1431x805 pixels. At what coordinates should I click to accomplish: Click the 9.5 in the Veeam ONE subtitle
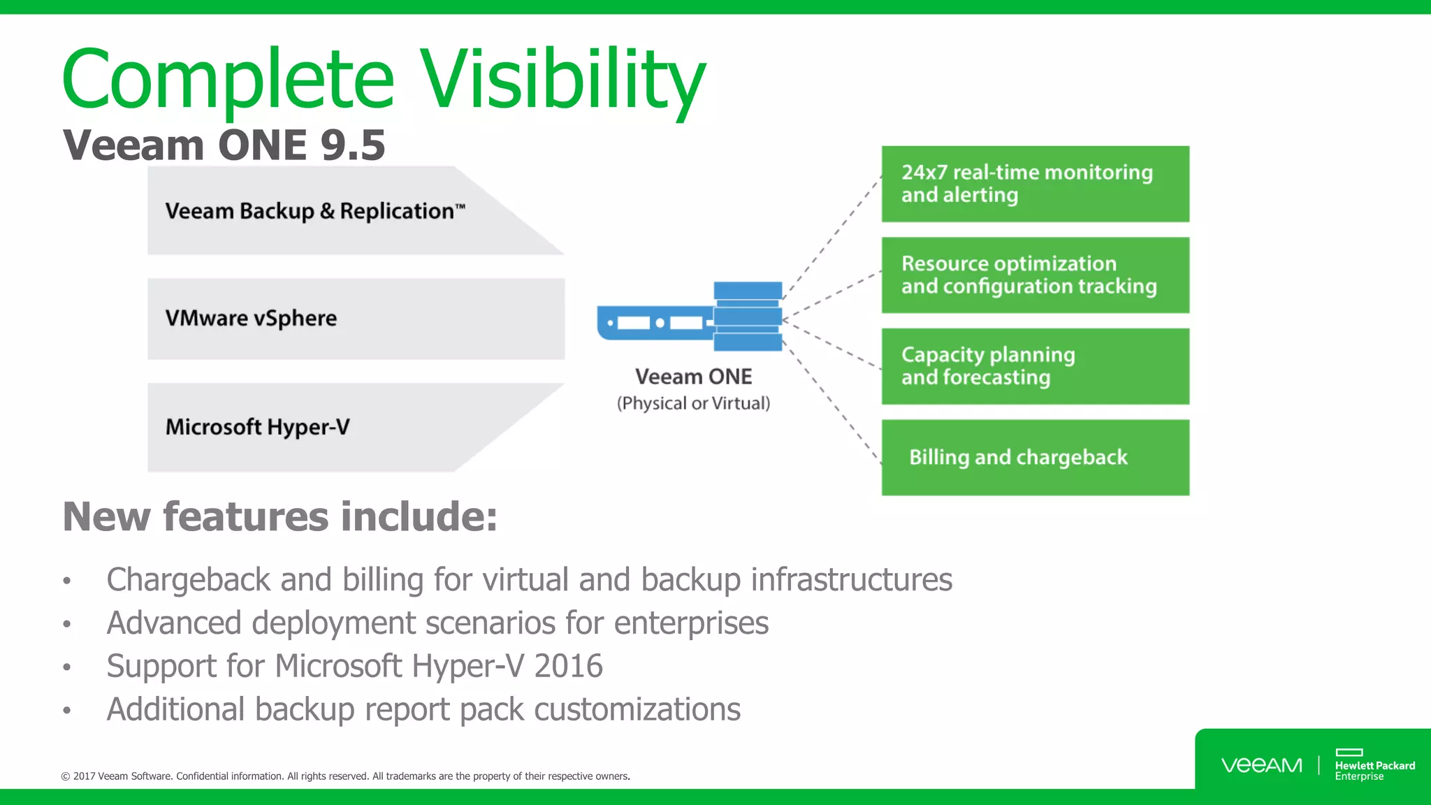point(352,145)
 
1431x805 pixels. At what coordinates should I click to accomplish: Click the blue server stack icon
point(747,316)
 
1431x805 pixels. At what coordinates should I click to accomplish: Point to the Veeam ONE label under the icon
point(693,377)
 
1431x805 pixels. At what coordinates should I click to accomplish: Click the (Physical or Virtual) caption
point(693,403)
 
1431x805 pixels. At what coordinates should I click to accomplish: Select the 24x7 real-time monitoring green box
point(1035,184)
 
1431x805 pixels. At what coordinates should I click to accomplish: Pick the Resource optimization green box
point(1035,275)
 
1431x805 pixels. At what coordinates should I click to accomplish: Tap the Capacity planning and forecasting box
point(1035,366)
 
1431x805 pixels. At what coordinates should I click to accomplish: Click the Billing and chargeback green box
point(1035,457)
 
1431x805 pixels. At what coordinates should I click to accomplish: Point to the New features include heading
point(279,516)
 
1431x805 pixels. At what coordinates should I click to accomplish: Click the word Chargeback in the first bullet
point(188,580)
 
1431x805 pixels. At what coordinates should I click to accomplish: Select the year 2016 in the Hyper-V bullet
point(567,666)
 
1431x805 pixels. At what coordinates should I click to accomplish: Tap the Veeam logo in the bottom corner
point(1261,765)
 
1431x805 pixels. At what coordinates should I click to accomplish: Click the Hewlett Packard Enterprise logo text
point(1374,770)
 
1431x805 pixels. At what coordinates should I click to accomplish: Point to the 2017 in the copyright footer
point(84,776)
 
